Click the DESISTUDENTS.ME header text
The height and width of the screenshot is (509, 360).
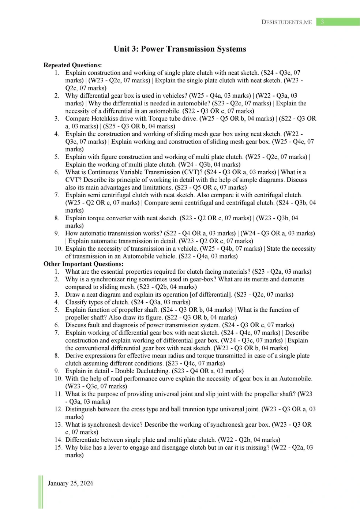coord(286,22)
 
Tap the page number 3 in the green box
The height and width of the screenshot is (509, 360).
coord(322,22)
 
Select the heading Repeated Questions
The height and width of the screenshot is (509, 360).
coord(72,65)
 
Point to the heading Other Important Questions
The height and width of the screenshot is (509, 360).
coord(83,264)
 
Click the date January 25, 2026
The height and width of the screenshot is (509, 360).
coord(71,483)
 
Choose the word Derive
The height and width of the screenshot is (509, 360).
coord(75,356)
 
